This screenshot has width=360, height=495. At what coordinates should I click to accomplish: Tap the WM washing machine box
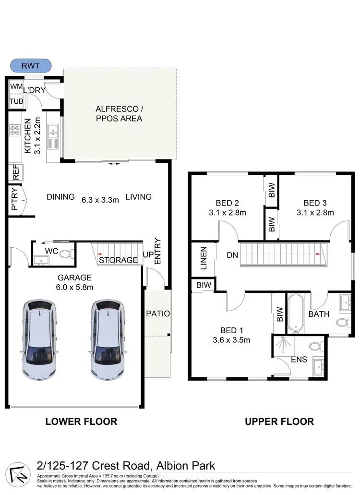point(16,87)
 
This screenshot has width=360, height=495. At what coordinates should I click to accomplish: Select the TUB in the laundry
point(16,102)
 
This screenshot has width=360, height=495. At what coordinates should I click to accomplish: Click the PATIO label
point(158,314)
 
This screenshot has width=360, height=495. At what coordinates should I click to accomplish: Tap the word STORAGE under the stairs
point(118,260)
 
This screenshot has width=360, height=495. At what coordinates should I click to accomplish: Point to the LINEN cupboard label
point(203,259)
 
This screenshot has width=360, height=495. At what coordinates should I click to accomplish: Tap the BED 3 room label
point(315,202)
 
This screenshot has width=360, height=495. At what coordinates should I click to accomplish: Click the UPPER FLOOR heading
point(279,422)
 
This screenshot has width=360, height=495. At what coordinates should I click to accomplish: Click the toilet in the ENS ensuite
point(315,346)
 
